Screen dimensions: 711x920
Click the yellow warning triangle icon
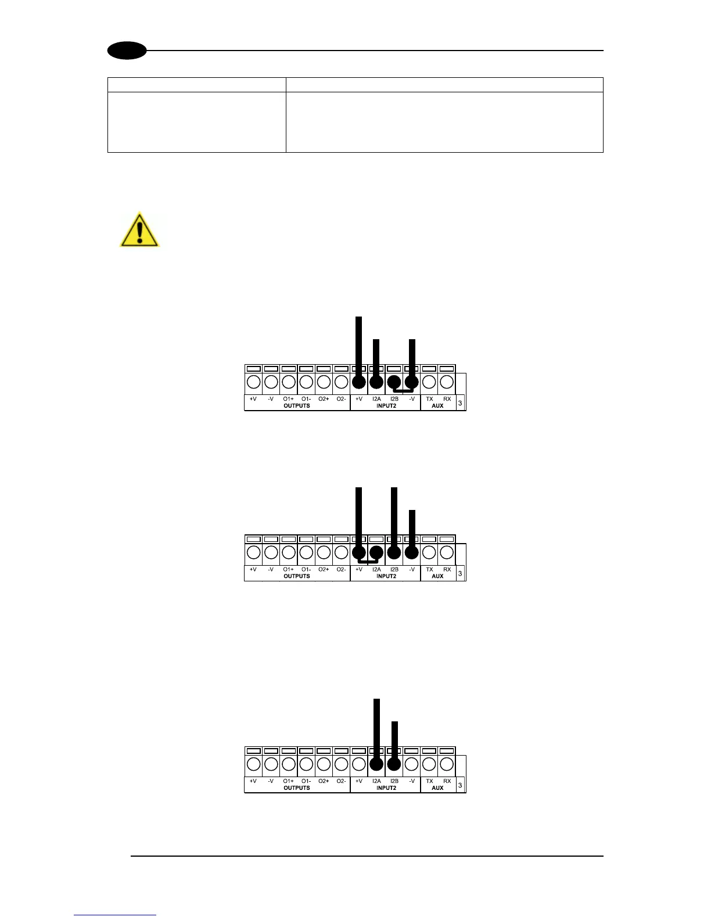tap(139, 231)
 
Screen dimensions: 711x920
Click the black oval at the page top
tap(127, 51)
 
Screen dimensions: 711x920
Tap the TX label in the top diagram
tap(429, 399)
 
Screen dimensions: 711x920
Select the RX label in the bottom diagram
tap(447, 781)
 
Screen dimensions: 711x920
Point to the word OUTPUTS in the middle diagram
tap(297, 576)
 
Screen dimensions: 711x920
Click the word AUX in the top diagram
tap(437, 405)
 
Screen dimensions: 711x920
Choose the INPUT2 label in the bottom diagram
tap(386, 788)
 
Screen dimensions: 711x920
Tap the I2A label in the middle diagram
tap(376, 570)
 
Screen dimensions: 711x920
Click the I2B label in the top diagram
tap(394, 399)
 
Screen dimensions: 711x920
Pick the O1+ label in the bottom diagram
tap(288, 781)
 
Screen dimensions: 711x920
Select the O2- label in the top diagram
tap(341, 399)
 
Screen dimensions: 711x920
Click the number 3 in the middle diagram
tap(460, 573)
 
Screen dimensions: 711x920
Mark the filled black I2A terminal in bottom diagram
tap(376, 764)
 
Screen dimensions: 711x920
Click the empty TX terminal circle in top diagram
tap(429, 382)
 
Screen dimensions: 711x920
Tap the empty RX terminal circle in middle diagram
tap(447, 552)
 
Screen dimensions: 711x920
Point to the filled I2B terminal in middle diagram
tap(394, 552)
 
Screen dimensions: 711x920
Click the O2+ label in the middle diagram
tap(324, 570)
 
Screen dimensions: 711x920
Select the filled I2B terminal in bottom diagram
tap(394, 764)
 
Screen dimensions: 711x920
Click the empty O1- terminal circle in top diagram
tap(306, 382)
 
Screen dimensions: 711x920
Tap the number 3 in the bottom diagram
tap(460, 785)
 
